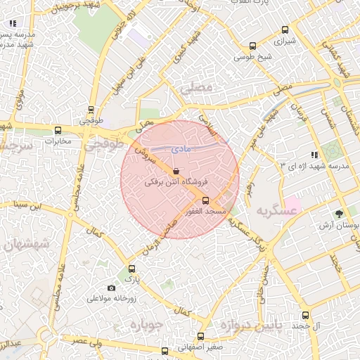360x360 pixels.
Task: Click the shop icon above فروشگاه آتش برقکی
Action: [x=175, y=171]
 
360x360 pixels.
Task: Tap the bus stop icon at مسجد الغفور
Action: [x=205, y=200]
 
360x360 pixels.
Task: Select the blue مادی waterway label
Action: [x=181, y=149]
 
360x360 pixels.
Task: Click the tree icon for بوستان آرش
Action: [x=340, y=213]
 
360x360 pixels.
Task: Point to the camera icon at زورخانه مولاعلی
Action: [x=111, y=288]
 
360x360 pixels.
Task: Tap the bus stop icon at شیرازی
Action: [x=285, y=30]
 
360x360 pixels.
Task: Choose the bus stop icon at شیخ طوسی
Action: [x=252, y=46]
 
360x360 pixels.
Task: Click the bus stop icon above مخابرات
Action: [x=58, y=130]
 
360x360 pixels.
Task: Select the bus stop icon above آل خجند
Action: [x=305, y=315]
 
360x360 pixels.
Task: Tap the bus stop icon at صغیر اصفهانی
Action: [x=201, y=336]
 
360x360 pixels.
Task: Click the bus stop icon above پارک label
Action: [x=131, y=269]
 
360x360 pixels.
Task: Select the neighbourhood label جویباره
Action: [x=147, y=325]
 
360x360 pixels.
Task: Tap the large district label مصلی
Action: [x=195, y=89]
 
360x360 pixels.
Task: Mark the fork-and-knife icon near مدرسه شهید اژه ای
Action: [x=314, y=155]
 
